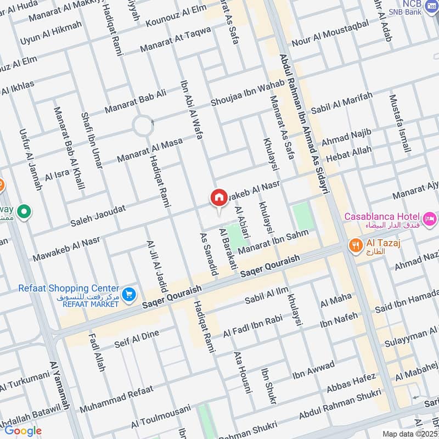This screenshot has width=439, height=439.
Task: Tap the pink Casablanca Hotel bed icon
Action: click(x=430, y=218)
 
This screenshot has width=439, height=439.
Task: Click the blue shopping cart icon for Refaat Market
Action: click(x=128, y=295)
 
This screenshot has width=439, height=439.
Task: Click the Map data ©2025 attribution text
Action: click(x=409, y=434)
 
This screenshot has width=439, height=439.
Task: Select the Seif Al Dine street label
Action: click(x=136, y=339)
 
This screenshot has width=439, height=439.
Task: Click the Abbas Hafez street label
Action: click(x=351, y=384)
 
